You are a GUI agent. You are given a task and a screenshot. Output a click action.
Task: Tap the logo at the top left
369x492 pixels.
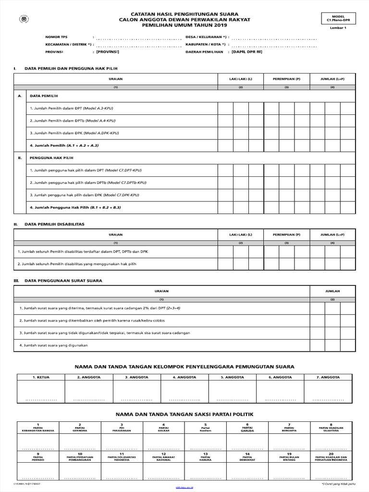(23, 20)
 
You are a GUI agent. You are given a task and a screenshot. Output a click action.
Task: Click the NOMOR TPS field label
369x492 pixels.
(56, 37)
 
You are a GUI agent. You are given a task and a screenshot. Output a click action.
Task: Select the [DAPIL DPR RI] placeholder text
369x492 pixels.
(246, 51)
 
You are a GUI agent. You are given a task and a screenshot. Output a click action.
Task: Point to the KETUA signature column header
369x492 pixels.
(41, 377)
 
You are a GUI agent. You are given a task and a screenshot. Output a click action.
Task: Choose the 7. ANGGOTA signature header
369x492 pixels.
(329, 377)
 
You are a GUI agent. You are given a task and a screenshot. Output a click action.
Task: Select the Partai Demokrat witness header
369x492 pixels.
(247, 457)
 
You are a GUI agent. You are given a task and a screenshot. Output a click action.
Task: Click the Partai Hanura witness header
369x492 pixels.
(205, 457)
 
